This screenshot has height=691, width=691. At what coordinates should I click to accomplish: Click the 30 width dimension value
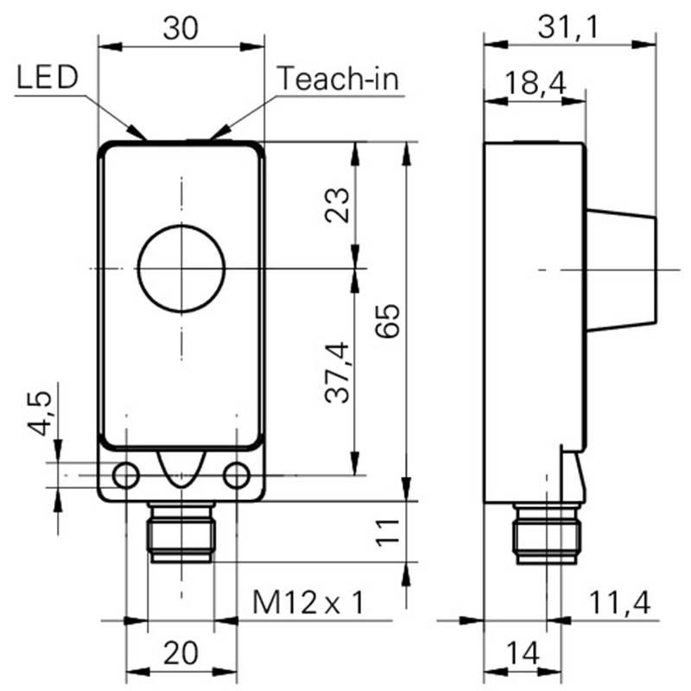pos(181,29)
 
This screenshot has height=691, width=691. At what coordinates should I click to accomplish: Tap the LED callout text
pos(48,77)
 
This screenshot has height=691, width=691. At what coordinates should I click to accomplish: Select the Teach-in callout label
pos(338,79)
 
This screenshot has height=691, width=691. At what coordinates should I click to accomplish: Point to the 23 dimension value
pos(337,205)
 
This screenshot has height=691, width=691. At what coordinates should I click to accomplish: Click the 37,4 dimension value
pos(337,372)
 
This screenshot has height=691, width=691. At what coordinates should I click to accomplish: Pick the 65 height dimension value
pos(387,320)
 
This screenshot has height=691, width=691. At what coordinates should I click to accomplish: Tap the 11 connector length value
pos(387,533)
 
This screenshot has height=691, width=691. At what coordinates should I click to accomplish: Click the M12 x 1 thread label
pos(308,602)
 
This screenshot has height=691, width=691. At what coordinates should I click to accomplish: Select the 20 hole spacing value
pos(181,653)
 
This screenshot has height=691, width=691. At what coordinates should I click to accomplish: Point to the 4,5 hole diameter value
pos(40,414)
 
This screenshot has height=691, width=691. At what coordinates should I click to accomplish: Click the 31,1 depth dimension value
pos(568,28)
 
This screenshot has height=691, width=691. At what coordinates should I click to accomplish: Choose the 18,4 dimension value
pos(535,83)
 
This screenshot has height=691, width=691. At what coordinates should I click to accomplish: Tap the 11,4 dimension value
pos(619,602)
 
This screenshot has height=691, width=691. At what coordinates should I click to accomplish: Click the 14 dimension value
pos(523,653)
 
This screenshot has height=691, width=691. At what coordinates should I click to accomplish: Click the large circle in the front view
pos(181,225)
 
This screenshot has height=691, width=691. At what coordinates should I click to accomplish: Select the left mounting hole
pos(126,476)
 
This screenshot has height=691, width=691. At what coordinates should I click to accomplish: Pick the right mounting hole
pos(237,476)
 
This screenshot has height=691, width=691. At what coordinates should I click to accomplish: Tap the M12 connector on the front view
pos(181,532)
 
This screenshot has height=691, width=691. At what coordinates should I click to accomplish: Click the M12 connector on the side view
pos(547,534)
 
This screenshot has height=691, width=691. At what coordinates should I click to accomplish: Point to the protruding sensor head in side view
pos(621,269)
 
